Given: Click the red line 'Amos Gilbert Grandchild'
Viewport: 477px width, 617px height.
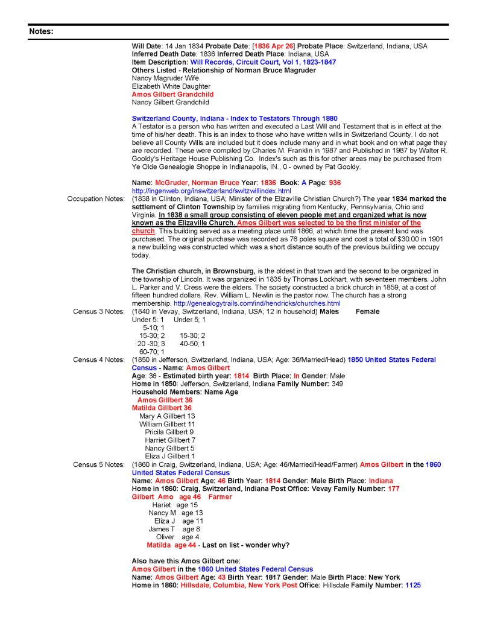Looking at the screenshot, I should click(x=172, y=94).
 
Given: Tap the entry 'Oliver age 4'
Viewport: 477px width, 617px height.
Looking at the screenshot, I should click(x=174, y=537).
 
